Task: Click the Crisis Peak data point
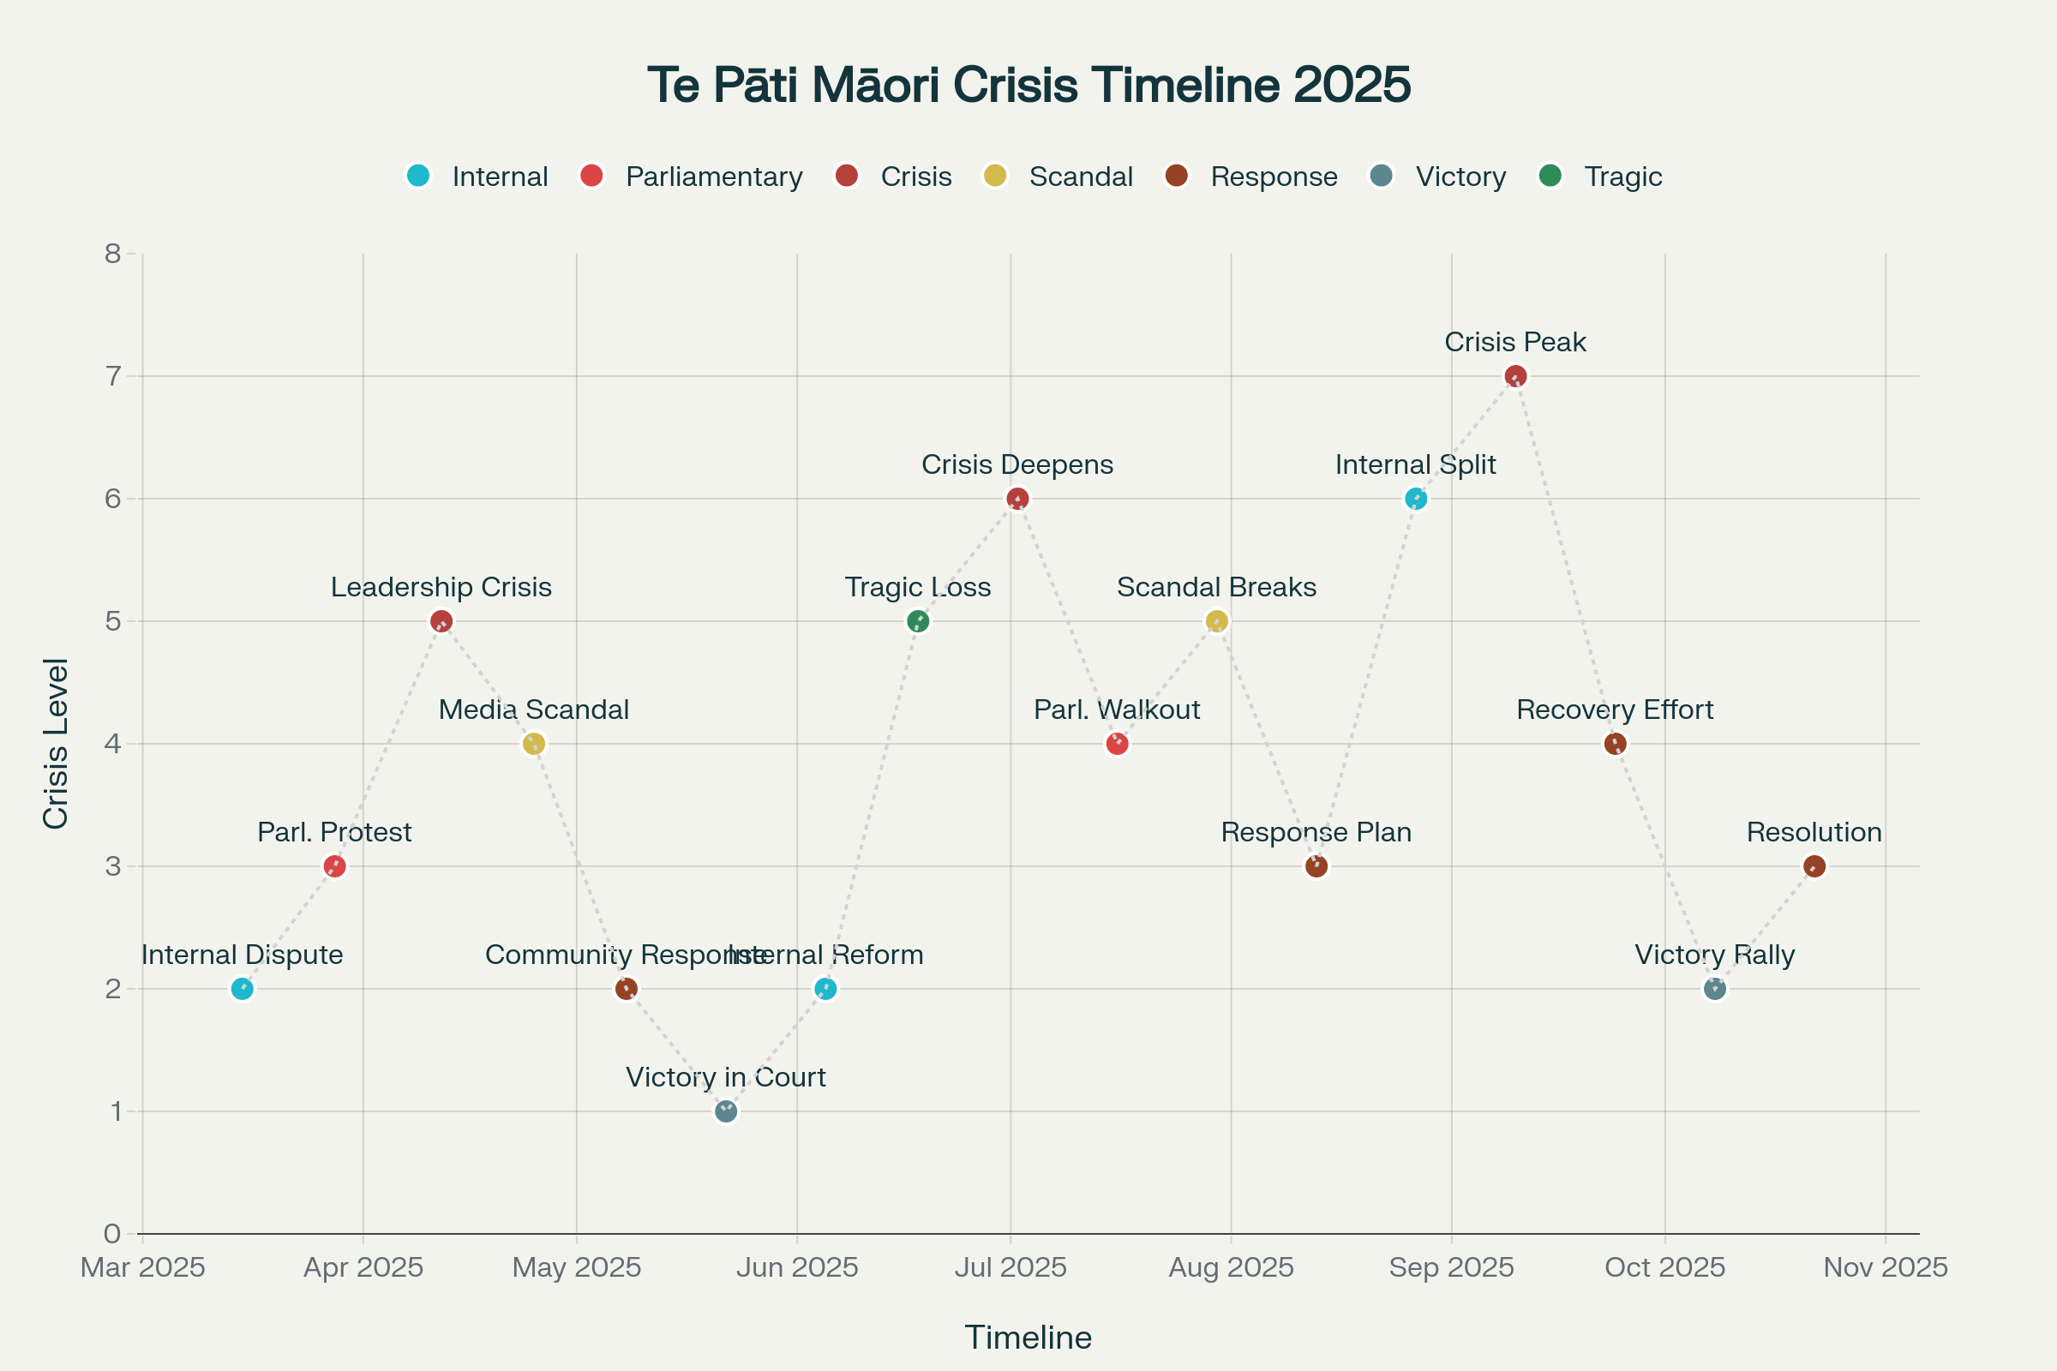tap(1515, 376)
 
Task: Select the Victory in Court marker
tap(726, 1111)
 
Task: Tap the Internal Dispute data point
tap(243, 989)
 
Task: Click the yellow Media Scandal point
tap(533, 744)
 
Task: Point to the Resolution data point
tap(1814, 866)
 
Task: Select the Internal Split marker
tap(1416, 500)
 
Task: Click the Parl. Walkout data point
tap(1117, 744)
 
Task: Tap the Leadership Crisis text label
tap(441, 587)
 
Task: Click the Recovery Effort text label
tap(1615, 709)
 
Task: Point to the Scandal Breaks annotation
tap(1215, 587)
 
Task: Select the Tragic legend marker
tap(1550, 176)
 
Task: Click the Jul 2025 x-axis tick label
tap(1011, 1267)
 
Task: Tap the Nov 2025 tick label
tap(1886, 1267)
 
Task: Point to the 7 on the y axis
tap(113, 376)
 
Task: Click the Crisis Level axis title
tap(55, 743)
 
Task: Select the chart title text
tap(1028, 85)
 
